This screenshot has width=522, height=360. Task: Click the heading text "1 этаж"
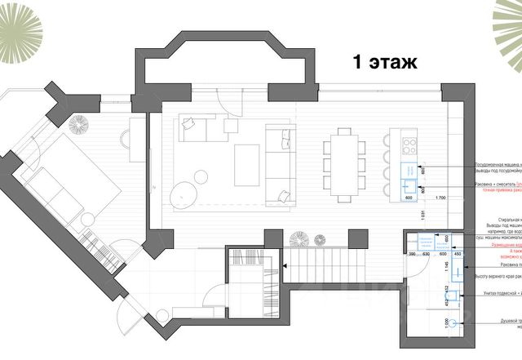[x=384, y=62]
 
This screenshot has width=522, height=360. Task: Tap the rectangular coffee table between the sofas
[x=247, y=165]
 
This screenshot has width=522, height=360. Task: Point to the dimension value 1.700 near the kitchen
[x=440, y=198]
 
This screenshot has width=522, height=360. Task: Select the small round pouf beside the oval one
[x=203, y=176]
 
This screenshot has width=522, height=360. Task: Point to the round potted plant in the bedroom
[x=80, y=126]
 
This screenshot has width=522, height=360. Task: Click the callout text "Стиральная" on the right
[x=488, y=220]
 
